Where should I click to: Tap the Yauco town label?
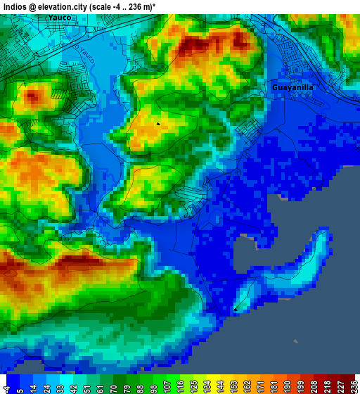[60, 17]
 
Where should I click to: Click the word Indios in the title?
[15, 6]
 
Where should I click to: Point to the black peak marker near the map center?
[158, 124]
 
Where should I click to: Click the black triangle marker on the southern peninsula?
[236, 308]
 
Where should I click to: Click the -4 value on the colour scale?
[7, 386]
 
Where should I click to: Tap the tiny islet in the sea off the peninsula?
[295, 341]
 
